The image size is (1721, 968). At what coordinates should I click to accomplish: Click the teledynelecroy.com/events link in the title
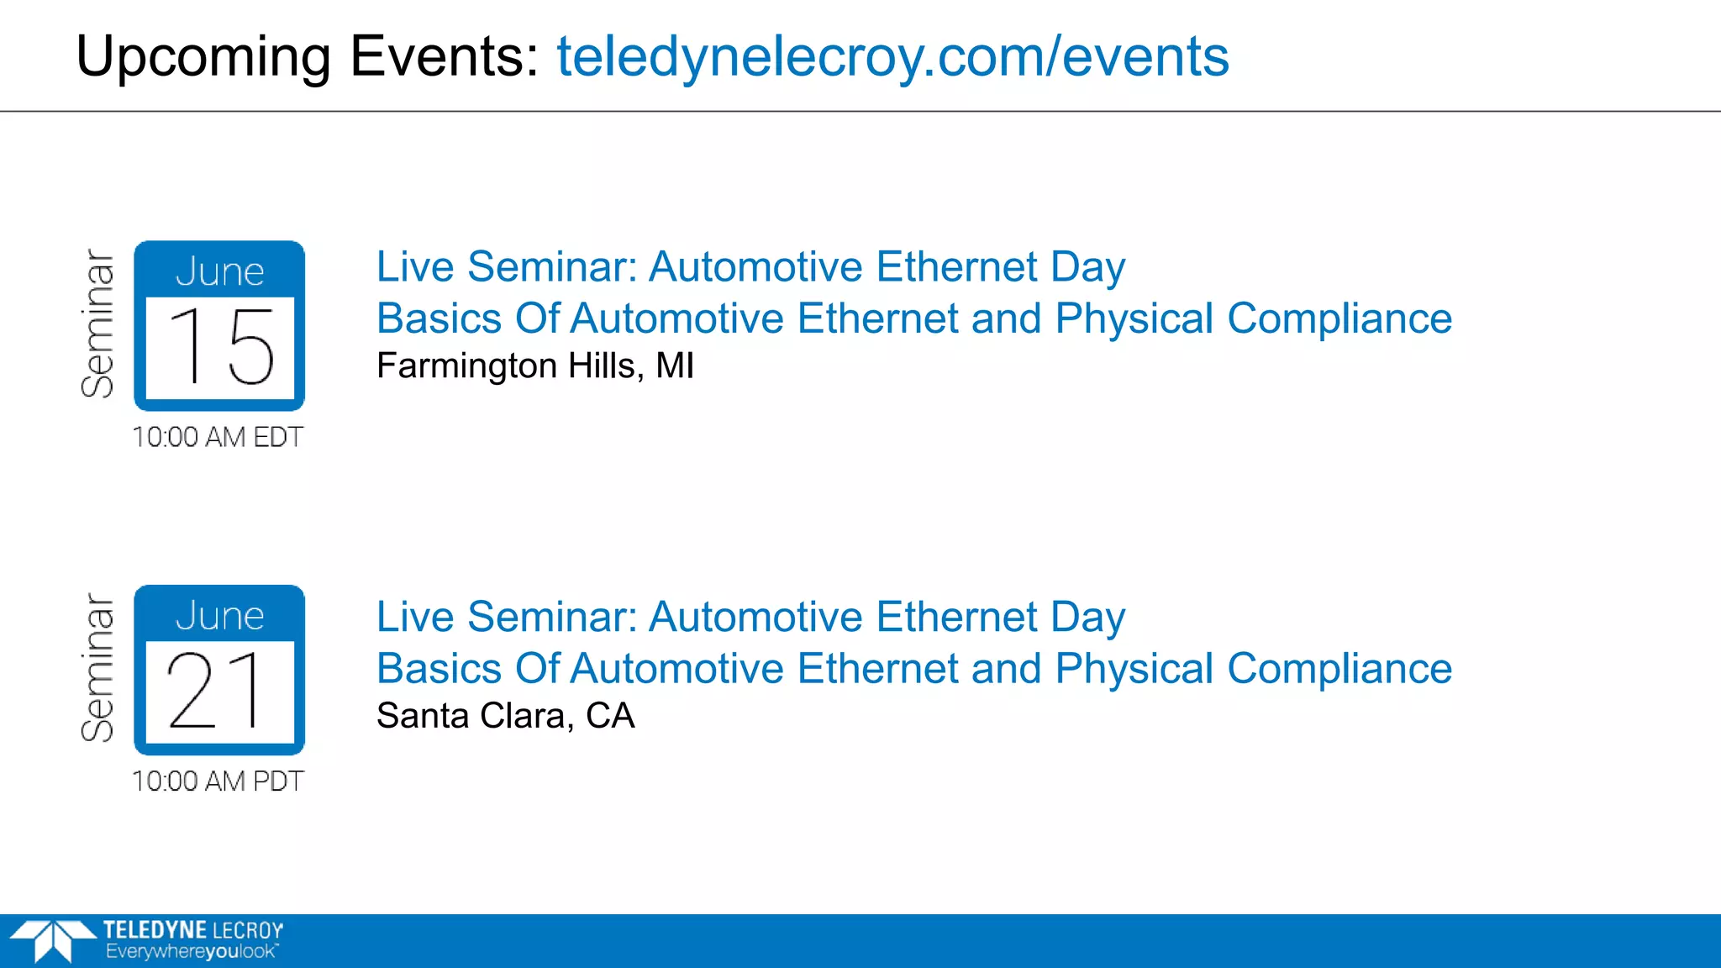(x=892, y=57)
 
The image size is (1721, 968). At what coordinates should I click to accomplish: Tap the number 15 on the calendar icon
(x=220, y=346)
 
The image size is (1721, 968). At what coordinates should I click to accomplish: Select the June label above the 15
(x=219, y=271)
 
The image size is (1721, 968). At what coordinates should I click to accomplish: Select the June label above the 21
(x=219, y=616)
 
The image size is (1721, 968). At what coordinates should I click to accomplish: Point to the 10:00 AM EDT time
(x=218, y=437)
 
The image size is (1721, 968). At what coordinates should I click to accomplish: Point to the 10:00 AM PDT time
(x=218, y=781)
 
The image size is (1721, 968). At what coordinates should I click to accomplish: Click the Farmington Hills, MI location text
(x=535, y=366)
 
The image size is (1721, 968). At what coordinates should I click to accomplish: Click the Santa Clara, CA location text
(x=505, y=716)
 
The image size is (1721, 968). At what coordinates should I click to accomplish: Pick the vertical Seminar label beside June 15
(x=97, y=324)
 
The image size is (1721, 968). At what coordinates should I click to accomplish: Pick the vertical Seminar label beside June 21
(x=97, y=668)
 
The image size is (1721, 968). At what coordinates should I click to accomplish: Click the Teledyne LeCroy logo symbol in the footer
(x=52, y=939)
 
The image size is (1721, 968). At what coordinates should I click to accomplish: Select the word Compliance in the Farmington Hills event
(x=1339, y=319)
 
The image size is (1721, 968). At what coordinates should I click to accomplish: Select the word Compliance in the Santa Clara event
(x=1339, y=670)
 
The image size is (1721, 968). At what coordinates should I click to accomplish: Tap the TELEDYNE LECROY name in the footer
(x=193, y=930)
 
